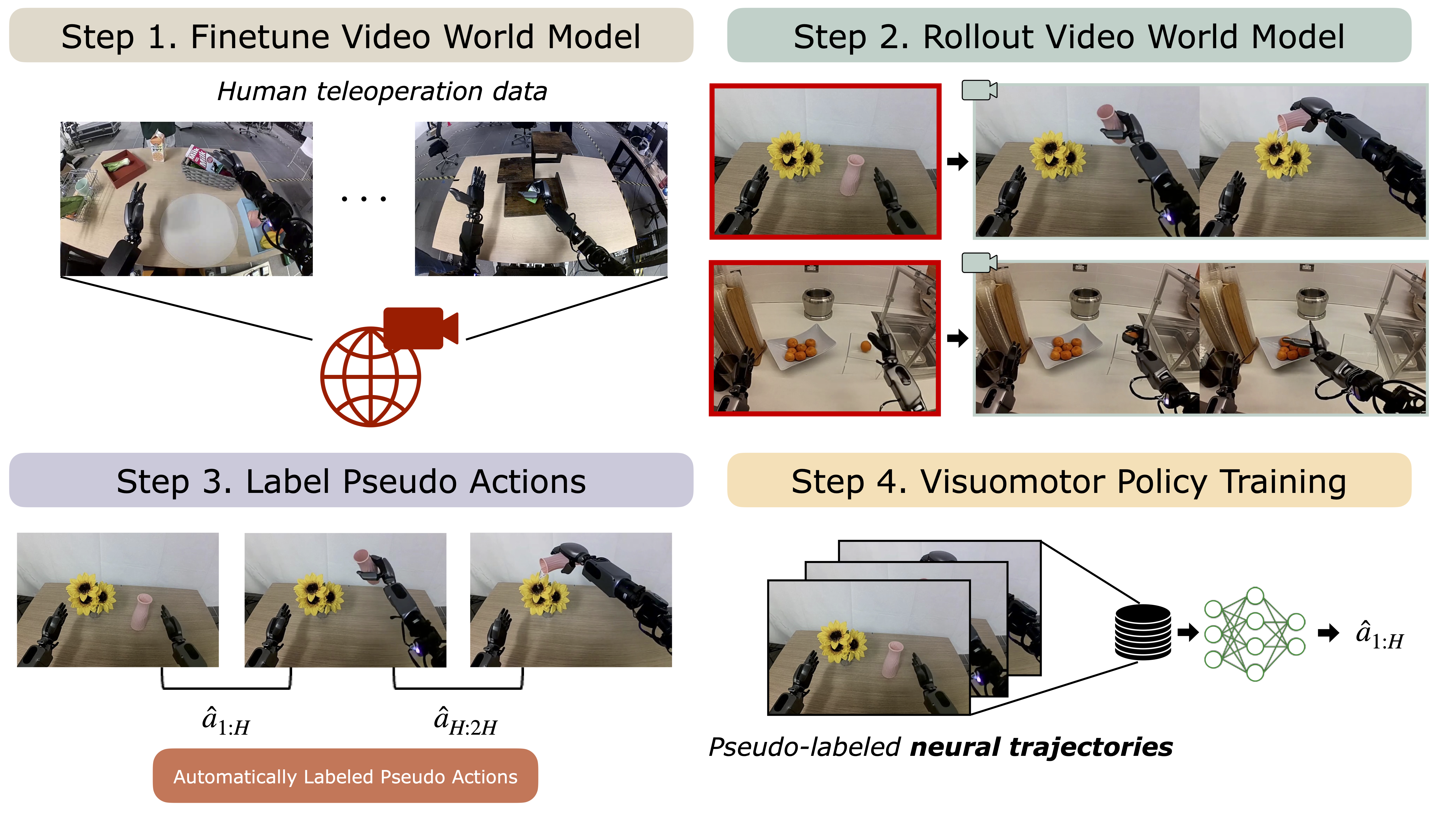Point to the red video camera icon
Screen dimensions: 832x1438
pyautogui.click(x=419, y=328)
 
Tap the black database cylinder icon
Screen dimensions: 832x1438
pyautogui.click(x=1142, y=632)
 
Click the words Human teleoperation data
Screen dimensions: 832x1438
pyautogui.click(x=382, y=91)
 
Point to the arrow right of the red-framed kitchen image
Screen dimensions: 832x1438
pyautogui.click(x=957, y=338)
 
